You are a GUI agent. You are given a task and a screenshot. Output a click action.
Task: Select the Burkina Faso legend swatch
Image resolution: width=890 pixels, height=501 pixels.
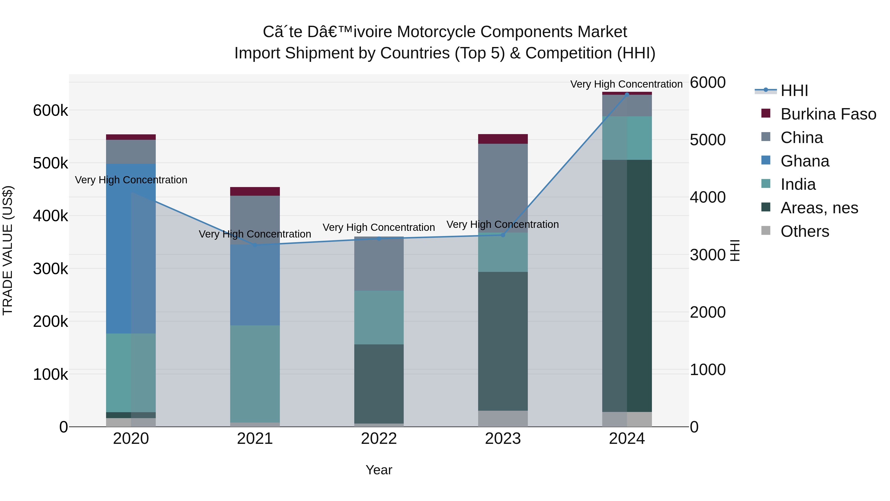click(x=766, y=113)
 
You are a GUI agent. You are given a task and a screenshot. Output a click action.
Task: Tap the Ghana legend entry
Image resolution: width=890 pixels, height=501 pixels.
click(x=805, y=161)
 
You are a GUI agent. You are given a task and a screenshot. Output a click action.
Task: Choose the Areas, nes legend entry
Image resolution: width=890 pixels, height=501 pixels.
click(x=819, y=208)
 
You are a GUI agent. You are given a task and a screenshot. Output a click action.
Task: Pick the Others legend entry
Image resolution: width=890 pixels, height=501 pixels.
click(x=805, y=231)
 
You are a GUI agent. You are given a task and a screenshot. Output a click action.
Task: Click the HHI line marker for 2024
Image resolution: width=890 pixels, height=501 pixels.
click(x=627, y=95)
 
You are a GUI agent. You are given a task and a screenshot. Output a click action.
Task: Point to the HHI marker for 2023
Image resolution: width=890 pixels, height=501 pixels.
click(x=503, y=235)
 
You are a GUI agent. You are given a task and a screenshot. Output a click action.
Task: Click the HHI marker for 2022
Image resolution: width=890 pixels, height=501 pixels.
click(x=379, y=239)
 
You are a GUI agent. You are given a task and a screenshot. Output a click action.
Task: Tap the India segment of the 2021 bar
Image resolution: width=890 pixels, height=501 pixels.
click(x=255, y=373)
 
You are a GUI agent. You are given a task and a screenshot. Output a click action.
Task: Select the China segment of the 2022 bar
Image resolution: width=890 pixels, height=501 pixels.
click(x=379, y=264)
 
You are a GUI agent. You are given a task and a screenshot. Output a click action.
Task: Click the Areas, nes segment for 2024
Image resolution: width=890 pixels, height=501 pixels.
click(x=627, y=285)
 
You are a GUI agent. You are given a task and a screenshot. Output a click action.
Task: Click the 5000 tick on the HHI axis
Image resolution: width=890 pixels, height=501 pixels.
click(x=708, y=140)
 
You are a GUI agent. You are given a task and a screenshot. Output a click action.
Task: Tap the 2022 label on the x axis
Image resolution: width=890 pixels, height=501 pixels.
click(x=379, y=439)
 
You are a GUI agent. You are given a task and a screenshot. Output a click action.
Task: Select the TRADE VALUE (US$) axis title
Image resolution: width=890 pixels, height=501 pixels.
click(x=8, y=250)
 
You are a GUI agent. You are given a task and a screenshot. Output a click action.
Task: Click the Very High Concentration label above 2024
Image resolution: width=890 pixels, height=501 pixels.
click(x=626, y=84)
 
